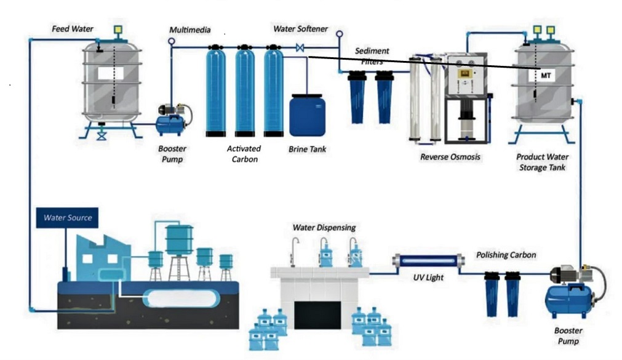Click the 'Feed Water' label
73,29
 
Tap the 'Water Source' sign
68,217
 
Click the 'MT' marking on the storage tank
545,74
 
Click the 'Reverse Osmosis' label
450,157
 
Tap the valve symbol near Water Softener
300,47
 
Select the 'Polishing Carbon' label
506,255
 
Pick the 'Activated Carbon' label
244,154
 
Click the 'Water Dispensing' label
324,228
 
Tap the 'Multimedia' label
190,30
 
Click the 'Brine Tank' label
307,150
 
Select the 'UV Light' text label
428,278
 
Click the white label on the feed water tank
111,73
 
